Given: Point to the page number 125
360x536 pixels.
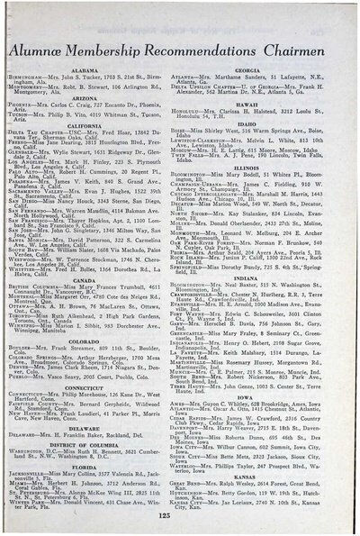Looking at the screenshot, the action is (x=180, y=515).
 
